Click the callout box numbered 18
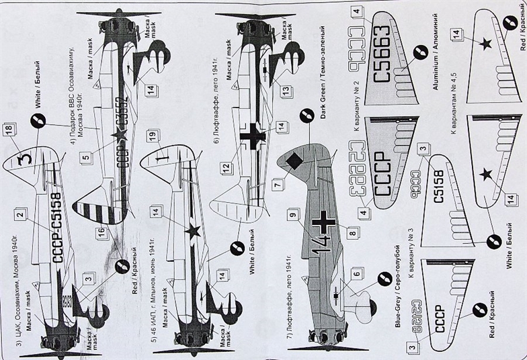point(8,130)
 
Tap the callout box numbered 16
point(101,233)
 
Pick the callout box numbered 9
point(292,215)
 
